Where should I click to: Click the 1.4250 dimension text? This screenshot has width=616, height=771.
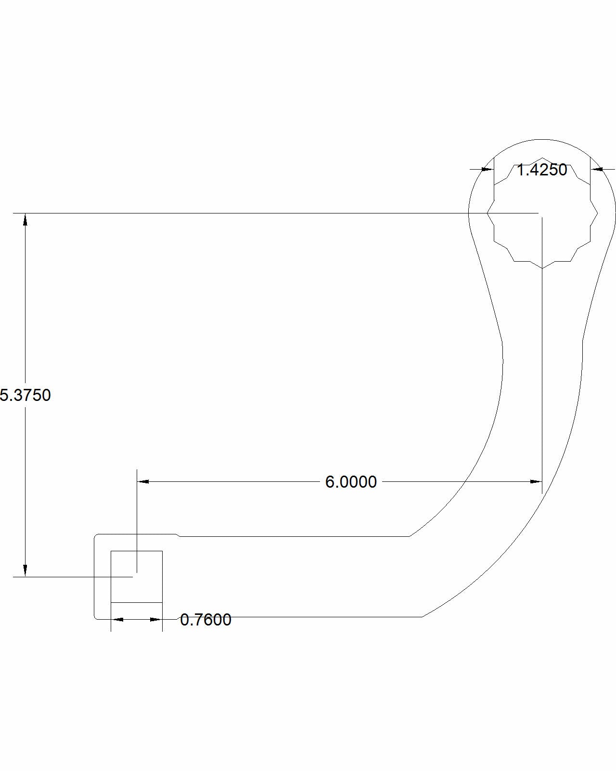542,170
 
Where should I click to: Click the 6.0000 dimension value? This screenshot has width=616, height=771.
351,482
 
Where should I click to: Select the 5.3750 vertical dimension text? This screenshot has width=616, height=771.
25,395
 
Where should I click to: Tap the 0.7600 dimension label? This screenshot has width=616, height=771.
205,620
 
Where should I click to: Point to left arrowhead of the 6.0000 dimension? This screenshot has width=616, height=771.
143,481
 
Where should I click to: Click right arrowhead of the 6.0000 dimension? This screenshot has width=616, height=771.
536,481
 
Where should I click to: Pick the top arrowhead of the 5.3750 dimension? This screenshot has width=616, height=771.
25,219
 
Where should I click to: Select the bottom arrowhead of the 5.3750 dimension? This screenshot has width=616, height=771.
25,571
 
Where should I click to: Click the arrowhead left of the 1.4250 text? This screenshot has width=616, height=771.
488,169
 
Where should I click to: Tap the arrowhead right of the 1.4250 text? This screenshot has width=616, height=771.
597,169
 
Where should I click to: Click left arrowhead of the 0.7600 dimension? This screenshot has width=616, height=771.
117,620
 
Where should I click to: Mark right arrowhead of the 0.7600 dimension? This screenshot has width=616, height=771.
156,620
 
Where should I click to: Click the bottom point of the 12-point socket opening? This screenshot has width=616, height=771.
542,268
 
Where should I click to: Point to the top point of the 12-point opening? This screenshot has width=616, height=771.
542,157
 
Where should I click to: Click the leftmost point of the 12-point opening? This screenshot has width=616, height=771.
488,213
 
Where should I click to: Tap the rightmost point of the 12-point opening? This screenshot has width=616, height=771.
598,213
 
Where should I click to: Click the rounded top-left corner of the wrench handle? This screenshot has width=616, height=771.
96,536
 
